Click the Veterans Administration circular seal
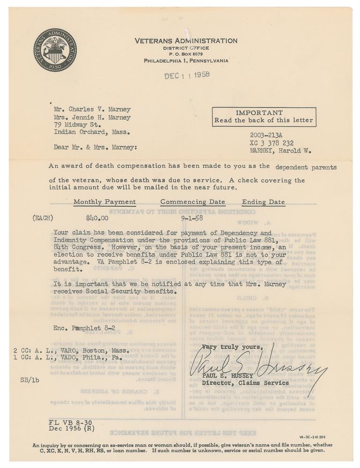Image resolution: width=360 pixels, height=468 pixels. click(55, 50)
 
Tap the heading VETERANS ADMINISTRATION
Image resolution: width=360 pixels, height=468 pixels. click(186, 41)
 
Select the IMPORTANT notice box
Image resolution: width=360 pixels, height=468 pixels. click(264, 117)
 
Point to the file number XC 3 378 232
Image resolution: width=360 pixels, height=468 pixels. click(272, 143)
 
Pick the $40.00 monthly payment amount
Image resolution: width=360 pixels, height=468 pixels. click(97, 218)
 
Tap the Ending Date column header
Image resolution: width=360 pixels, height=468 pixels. click(263, 202)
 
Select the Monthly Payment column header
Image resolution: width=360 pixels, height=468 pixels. click(104, 202)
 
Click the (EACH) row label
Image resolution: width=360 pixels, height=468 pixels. click(43, 218)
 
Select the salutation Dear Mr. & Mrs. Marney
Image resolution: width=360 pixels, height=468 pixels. click(96, 147)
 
